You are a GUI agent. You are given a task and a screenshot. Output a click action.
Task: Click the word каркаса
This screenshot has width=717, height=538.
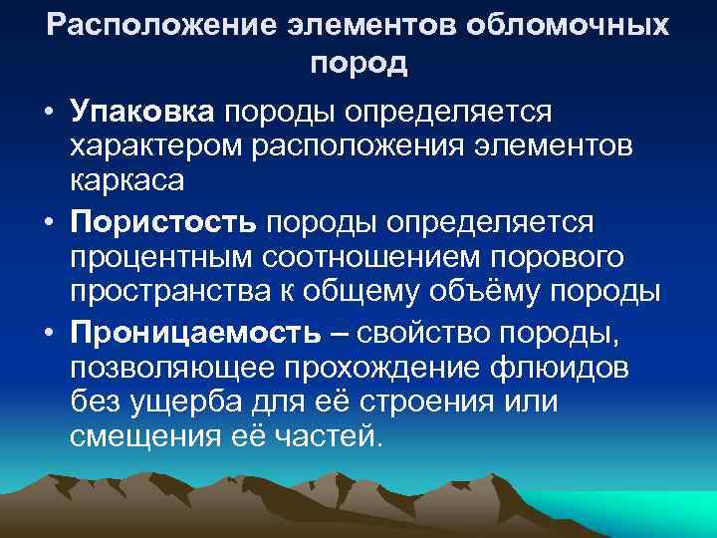point(126,183)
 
